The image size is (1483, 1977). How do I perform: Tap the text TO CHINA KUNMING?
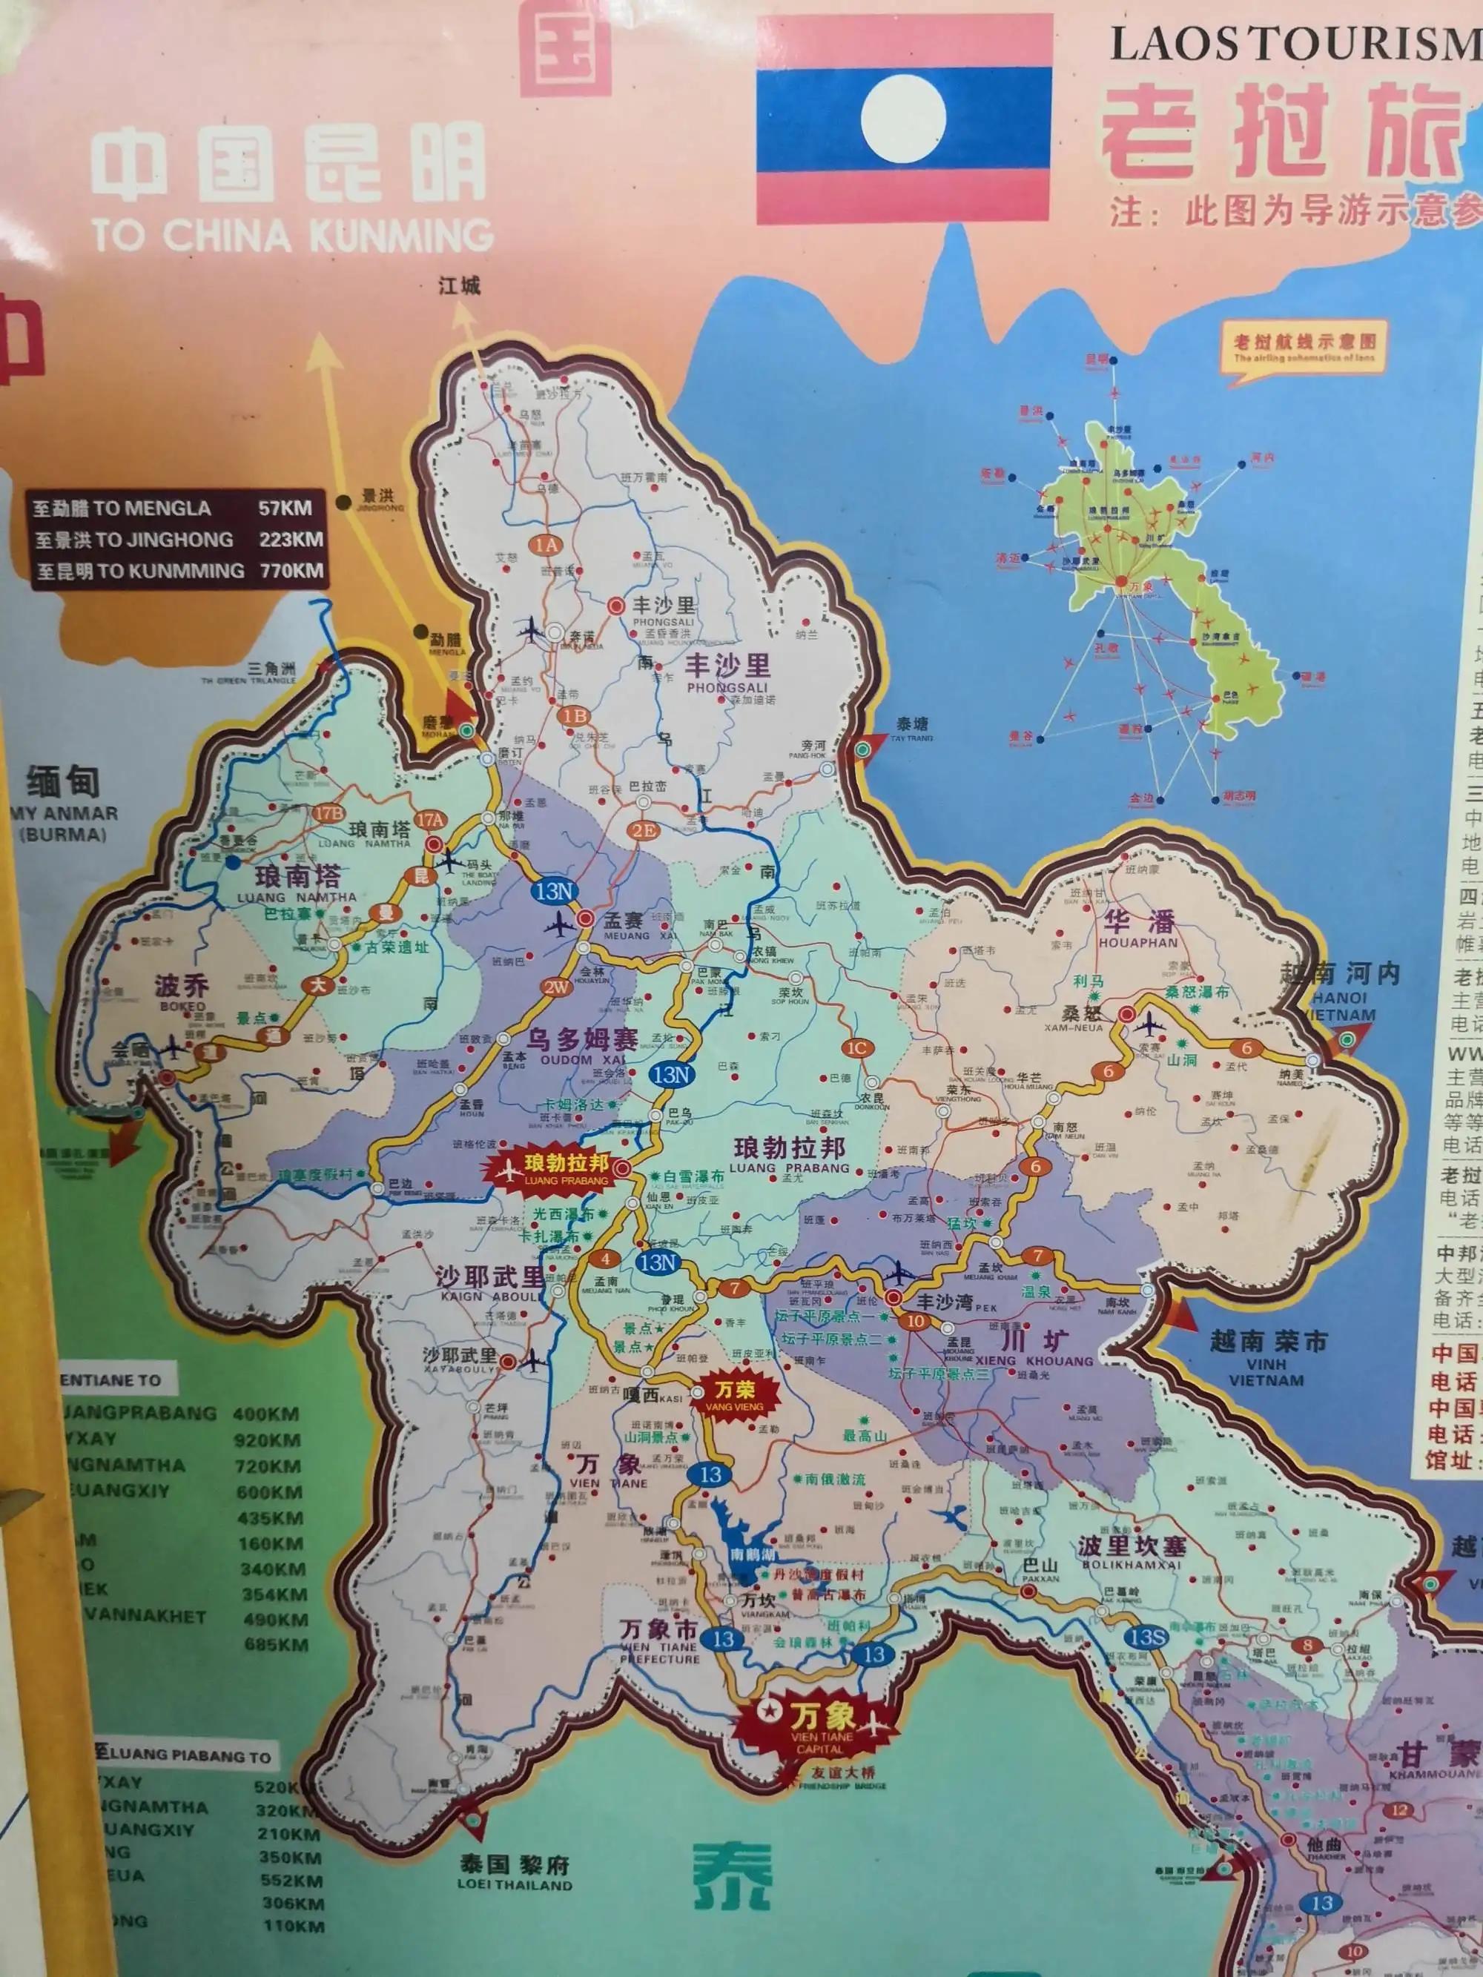pos(292,235)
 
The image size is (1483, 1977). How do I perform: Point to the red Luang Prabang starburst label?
pos(554,1168)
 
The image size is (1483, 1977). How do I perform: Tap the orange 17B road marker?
pos(329,813)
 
